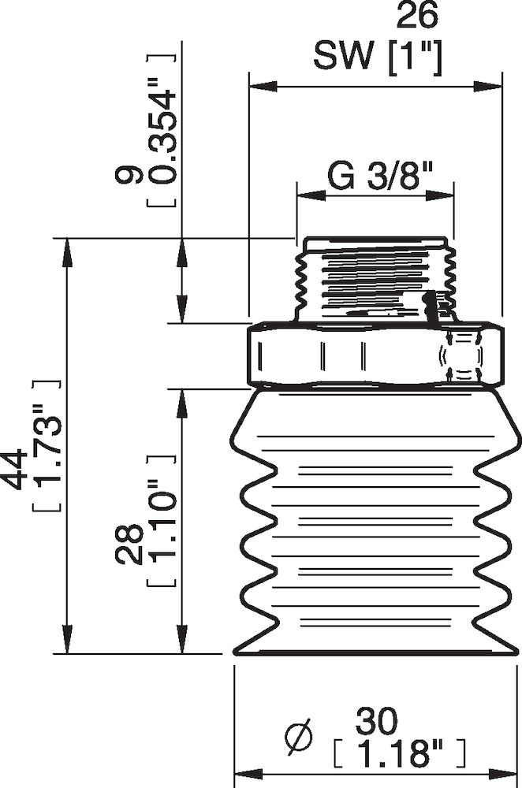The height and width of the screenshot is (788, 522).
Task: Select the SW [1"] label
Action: coord(377,56)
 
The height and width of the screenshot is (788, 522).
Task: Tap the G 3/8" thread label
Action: coord(375,177)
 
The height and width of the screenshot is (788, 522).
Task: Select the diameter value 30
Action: coord(377,719)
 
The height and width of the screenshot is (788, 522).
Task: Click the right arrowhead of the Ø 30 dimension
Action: coord(512,771)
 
